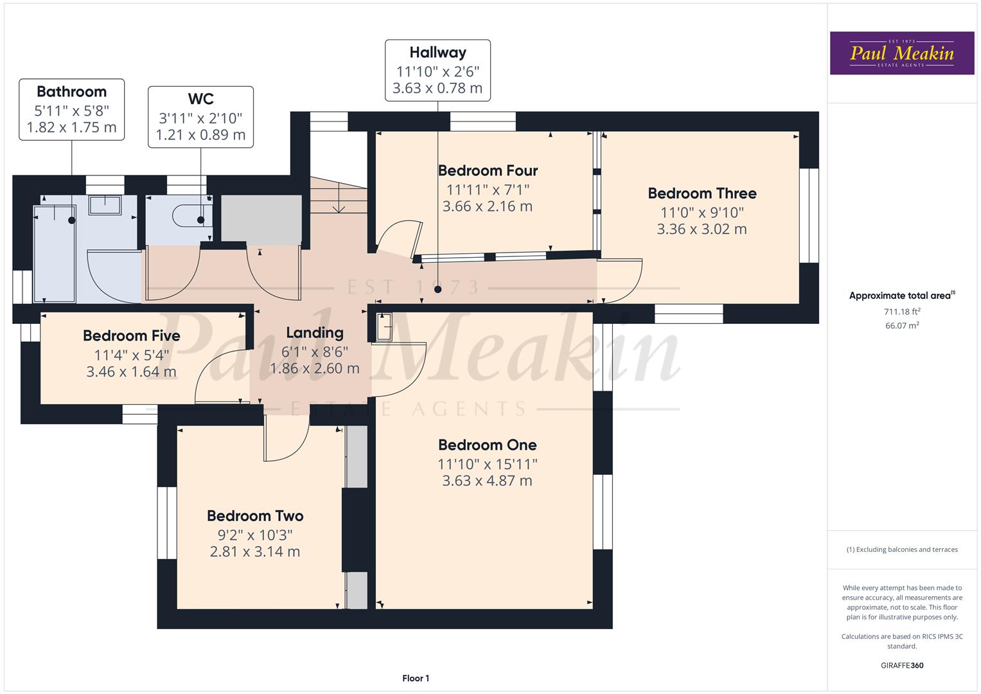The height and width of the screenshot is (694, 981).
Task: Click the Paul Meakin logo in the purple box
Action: click(901, 53)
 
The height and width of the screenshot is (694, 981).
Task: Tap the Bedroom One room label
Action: click(487, 445)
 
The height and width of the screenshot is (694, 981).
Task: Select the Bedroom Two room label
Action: click(255, 515)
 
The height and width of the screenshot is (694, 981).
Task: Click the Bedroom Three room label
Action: click(702, 193)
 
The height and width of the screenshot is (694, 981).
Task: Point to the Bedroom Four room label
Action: click(488, 170)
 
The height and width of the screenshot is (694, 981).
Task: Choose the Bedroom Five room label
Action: click(131, 335)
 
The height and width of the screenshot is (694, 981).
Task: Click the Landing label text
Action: click(314, 332)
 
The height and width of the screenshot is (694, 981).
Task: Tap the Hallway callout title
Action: click(437, 52)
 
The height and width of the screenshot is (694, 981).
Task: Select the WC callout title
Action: click(200, 98)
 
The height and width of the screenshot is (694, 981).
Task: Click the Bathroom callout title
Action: click(71, 91)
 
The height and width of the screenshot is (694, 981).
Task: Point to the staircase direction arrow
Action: click(338, 207)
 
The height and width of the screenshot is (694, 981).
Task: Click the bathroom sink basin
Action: click(104, 205)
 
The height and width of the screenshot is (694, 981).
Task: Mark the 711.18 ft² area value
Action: click(902, 312)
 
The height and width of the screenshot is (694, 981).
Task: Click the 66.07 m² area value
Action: click(902, 326)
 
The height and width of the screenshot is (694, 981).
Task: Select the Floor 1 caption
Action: click(416, 678)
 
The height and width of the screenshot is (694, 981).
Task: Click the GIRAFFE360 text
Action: click(902, 665)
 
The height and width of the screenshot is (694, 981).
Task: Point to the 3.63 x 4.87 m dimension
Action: click(487, 481)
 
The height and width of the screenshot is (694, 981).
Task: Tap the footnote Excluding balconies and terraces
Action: click(902, 549)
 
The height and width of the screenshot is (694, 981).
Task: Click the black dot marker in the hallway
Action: click(437, 289)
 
